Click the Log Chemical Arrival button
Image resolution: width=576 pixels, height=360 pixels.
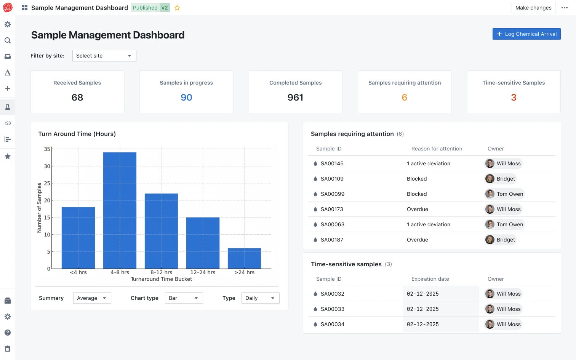pos(526,34)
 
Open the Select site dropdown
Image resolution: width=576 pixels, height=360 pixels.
pos(104,56)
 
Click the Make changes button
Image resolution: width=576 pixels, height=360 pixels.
pos(533,8)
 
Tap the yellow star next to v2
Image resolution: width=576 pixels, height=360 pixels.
pos(177,8)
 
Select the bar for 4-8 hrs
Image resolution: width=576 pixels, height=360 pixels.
pos(120,210)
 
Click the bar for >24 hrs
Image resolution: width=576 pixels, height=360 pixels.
pos(244,258)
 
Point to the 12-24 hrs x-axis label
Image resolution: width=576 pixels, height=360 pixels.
pos(203,272)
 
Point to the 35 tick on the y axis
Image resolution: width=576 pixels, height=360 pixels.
pos(47,149)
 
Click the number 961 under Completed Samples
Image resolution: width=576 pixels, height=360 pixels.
pos(295,98)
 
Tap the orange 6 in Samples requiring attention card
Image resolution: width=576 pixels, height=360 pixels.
pos(404,98)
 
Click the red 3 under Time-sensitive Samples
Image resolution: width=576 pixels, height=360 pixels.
pos(514,98)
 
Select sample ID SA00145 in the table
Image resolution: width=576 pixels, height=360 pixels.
pos(332,163)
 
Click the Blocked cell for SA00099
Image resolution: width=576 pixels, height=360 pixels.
pos(417,194)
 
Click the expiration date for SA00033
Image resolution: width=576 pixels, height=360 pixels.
pos(422,309)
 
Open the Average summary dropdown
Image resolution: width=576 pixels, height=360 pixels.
pos(92,298)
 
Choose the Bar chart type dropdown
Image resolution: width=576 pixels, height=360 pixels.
pos(184,298)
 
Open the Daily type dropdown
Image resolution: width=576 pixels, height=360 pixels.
pos(260,298)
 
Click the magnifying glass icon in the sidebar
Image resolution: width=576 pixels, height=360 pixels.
pos(7,40)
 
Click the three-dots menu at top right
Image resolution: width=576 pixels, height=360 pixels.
pos(565,8)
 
